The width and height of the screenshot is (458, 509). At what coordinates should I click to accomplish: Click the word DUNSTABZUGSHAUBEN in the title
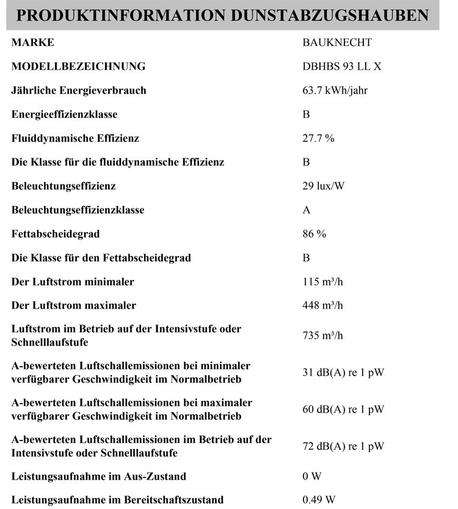[329, 16]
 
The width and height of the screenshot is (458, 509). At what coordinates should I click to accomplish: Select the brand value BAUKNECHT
[336, 43]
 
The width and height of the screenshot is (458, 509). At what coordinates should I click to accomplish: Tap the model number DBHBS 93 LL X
[342, 67]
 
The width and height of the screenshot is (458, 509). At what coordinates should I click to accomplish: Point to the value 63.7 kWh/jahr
[335, 90]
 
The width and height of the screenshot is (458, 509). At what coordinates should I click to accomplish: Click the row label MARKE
[33, 43]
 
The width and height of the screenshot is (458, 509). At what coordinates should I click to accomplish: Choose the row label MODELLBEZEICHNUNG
[79, 67]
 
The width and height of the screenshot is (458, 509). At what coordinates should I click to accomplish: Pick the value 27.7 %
[318, 138]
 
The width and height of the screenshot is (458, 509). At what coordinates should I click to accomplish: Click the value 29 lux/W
[323, 186]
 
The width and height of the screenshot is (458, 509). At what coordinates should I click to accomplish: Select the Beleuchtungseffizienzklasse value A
[307, 210]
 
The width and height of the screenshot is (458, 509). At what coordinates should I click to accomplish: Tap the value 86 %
[314, 234]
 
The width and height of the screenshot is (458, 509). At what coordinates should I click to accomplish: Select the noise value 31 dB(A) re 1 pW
[343, 373]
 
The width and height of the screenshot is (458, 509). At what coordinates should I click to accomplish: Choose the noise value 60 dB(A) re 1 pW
[343, 409]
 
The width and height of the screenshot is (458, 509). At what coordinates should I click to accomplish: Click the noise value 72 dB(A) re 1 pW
[343, 447]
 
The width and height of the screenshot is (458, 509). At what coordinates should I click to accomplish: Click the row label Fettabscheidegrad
[56, 234]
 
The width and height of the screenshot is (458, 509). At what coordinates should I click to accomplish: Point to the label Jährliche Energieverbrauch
[79, 90]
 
